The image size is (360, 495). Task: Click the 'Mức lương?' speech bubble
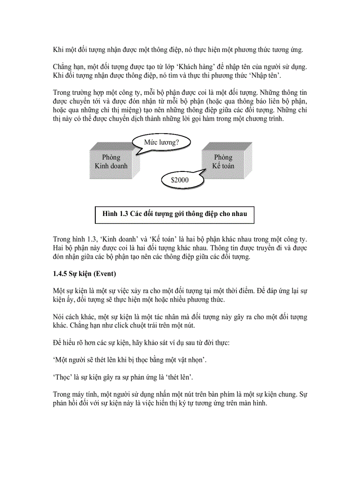coord(161,142)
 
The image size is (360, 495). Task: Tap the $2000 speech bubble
coord(179,180)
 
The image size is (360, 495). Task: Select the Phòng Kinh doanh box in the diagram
coord(111,162)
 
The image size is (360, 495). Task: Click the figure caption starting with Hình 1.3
coord(174,214)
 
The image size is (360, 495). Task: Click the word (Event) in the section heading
coord(105,274)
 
